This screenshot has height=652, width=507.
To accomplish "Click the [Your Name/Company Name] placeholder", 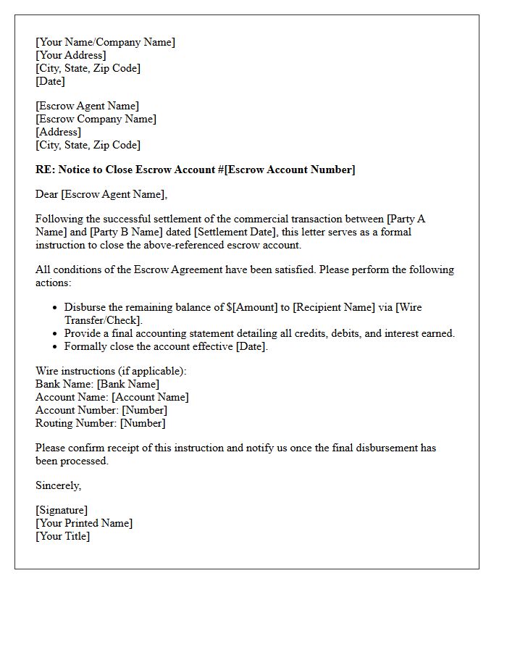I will (105, 42).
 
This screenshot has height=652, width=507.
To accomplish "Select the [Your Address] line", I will (70, 55).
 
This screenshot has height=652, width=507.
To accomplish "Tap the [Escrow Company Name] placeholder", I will (96, 119).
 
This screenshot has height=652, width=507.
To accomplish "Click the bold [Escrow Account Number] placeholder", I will (290, 170).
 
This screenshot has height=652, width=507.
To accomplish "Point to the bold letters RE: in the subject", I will (44, 170).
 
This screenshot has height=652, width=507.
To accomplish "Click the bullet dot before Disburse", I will (54, 308).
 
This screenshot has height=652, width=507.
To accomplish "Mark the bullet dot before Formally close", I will (54, 347).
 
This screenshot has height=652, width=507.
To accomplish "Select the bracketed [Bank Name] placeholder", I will (128, 384).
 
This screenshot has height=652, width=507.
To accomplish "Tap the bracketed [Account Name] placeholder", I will (150, 397).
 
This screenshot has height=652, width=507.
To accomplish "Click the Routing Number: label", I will (76, 423).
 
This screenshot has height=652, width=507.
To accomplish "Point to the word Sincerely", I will (58, 485).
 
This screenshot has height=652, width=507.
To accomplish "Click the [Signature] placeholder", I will (62, 510).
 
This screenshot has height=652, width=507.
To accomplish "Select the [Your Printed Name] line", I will (84, 523).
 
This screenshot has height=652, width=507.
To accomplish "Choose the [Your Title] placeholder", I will (62, 536).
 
